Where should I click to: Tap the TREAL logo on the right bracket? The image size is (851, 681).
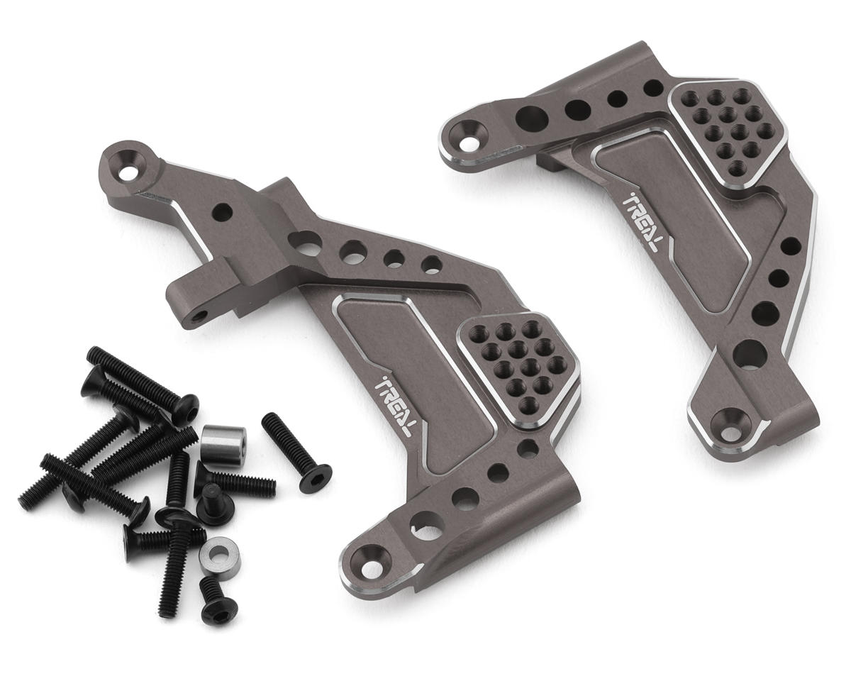click(640, 221)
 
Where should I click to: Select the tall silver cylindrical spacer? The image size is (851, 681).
click(224, 445)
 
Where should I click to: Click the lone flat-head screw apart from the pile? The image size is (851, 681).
click(296, 453)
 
